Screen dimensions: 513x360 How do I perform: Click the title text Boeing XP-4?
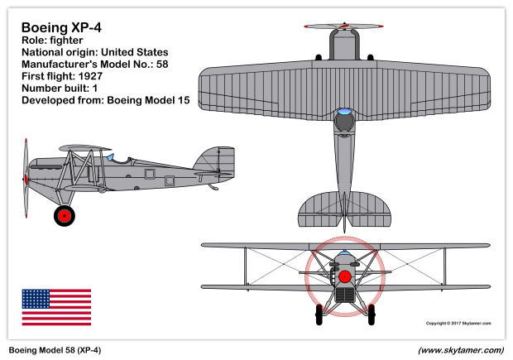click(x=61, y=27)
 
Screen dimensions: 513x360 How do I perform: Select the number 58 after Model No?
click(x=162, y=65)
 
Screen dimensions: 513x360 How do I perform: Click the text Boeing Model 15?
click(x=149, y=100)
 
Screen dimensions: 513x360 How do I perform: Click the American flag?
click(x=56, y=307)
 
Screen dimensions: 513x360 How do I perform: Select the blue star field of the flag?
click(x=36, y=299)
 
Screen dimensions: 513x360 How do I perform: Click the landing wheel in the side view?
click(x=65, y=216)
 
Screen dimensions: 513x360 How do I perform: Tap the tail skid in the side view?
click(x=213, y=187)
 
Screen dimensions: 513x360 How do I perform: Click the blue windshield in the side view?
click(x=110, y=157)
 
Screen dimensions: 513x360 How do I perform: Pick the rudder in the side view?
click(x=226, y=163)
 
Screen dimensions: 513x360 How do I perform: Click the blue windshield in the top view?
click(x=344, y=112)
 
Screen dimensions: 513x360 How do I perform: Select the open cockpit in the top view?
click(x=344, y=122)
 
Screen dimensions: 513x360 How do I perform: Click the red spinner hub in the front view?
click(x=344, y=276)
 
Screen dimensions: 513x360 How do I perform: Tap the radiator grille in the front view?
click(x=345, y=295)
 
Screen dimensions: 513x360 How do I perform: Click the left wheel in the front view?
click(x=319, y=314)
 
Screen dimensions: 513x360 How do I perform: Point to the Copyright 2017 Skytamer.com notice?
click(x=458, y=324)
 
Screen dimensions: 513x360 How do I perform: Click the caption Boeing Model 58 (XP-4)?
click(x=55, y=350)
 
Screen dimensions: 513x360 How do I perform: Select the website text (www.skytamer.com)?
click(x=461, y=350)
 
